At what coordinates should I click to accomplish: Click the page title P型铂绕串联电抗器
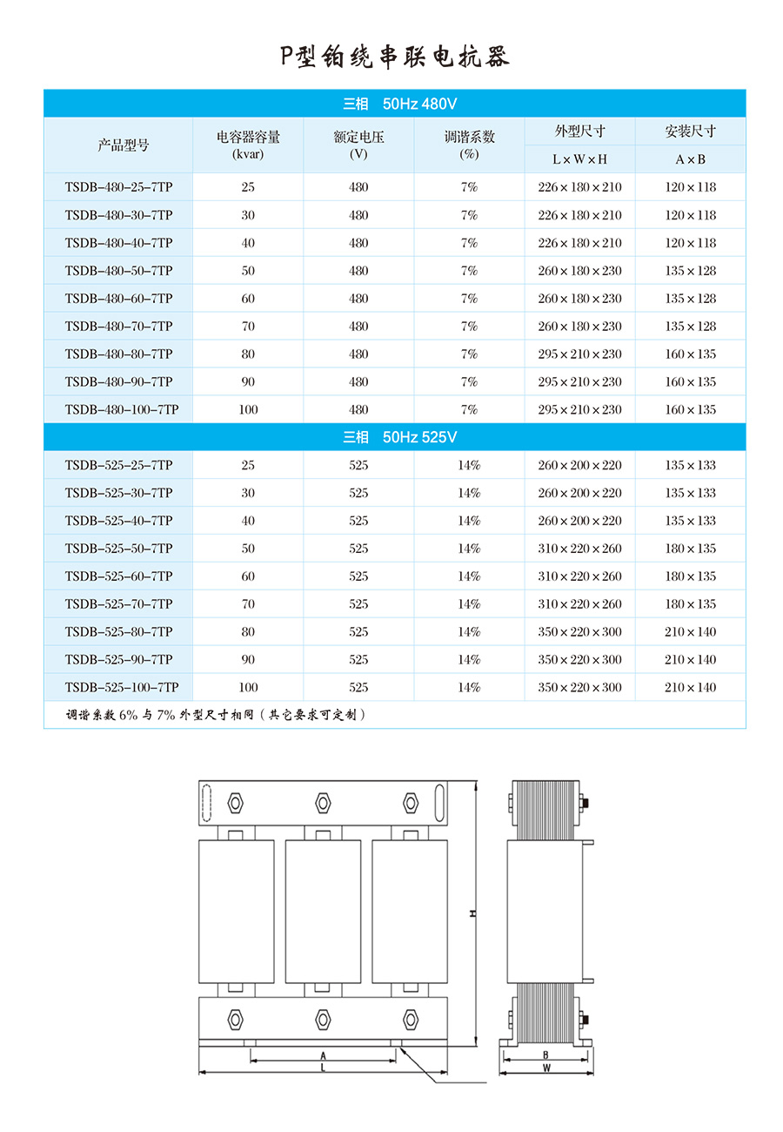pos(394,57)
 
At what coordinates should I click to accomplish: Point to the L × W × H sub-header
pos(579,159)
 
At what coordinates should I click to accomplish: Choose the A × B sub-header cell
pos(690,159)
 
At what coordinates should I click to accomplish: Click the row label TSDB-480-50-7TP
pos(118,271)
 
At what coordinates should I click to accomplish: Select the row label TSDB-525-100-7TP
pos(122,687)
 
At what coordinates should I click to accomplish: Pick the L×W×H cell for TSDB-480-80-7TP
pos(579,354)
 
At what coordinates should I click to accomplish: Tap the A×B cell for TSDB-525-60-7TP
pos(690,576)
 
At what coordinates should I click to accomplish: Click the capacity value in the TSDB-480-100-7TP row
pos(248,409)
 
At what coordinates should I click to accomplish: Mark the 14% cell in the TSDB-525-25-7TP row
pos(469,465)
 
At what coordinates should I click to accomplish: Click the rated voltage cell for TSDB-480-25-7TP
pos(358,187)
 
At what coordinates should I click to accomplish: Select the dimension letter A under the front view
pos(323,1055)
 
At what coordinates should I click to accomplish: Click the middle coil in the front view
pos(323,911)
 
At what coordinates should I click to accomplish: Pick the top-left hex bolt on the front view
pos(235,802)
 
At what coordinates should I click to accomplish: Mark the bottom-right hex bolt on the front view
pos(411,1019)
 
